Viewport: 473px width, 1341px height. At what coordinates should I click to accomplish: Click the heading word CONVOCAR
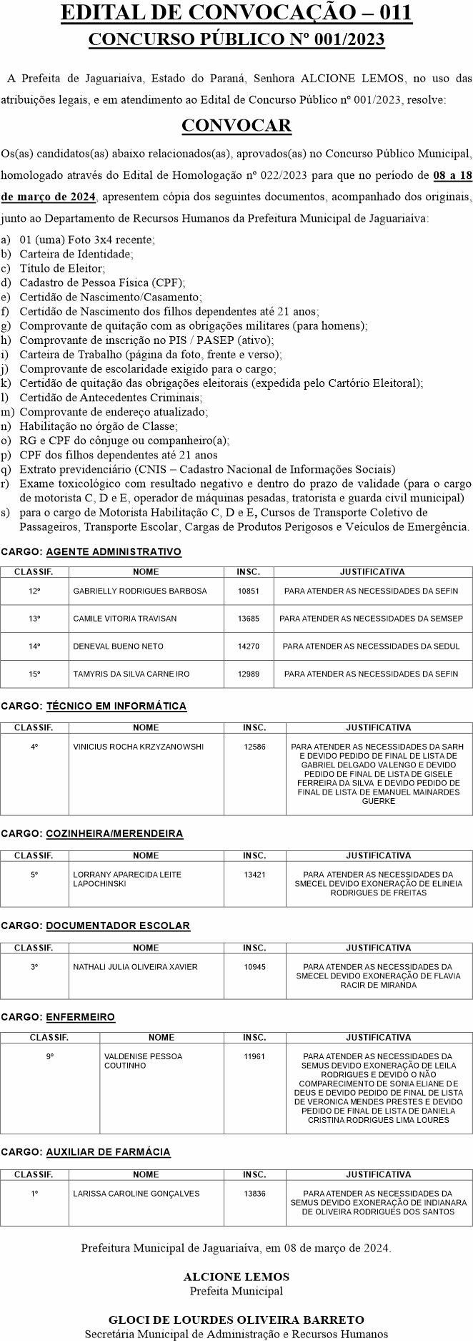(x=236, y=126)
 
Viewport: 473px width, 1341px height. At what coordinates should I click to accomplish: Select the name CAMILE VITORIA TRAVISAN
(x=124, y=619)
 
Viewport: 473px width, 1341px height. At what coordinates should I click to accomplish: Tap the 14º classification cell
(x=34, y=647)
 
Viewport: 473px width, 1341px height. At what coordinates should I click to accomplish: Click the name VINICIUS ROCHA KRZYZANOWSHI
(x=138, y=747)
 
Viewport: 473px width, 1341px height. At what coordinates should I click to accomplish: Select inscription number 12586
(x=254, y=747)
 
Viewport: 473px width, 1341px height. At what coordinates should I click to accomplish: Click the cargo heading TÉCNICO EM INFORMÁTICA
(x=116, y=706)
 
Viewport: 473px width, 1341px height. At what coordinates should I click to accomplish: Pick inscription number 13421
(x=254, y=875)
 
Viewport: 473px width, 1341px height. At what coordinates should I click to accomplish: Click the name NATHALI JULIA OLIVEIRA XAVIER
(x=135, y=967)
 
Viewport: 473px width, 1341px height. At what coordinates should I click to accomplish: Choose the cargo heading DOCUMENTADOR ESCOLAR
(x=118, y=926)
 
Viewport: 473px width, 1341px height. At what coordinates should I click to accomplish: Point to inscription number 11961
(x=254, y=1056)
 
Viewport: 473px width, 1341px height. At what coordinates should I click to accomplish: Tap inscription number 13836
(x=254, y=1194)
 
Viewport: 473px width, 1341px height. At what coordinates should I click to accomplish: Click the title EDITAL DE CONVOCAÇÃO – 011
(x=236, y=14)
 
